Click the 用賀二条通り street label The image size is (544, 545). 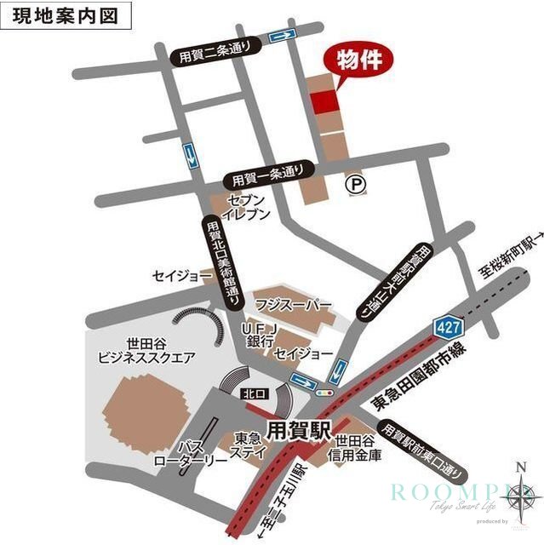[215, 54]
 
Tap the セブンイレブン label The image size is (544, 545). [247, 206]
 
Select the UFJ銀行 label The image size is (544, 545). [256, 334]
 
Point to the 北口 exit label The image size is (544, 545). [249, 394]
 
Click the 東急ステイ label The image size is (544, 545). [248, 445]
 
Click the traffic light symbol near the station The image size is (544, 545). [322, 393]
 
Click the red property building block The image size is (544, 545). [324, 100]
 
